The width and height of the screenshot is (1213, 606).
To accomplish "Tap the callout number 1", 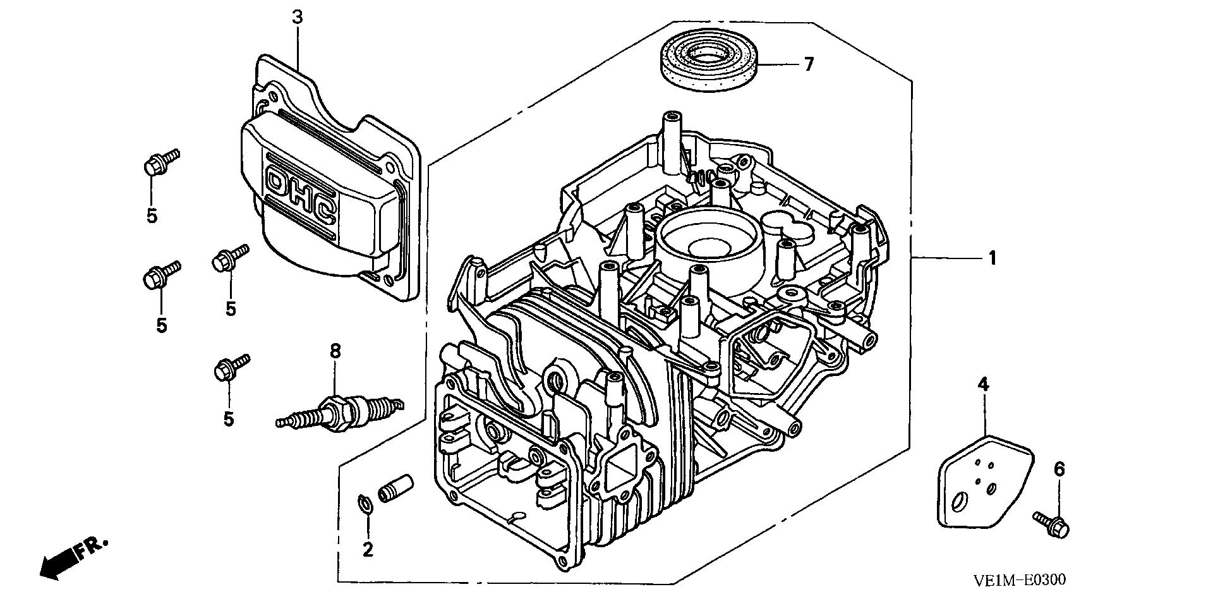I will (x=992, y=258).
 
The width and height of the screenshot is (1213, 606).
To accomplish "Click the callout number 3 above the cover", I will (x=297, y=18).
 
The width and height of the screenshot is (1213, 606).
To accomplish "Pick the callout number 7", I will (x=809, y=64).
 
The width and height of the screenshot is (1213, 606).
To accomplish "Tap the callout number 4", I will (x=983, y=384).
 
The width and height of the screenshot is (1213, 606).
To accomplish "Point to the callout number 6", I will (x=1059, y=469).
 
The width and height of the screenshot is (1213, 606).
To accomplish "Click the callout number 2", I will (x=368, y=550).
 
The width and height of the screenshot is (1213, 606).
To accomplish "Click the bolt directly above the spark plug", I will (x=231, y=367).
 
